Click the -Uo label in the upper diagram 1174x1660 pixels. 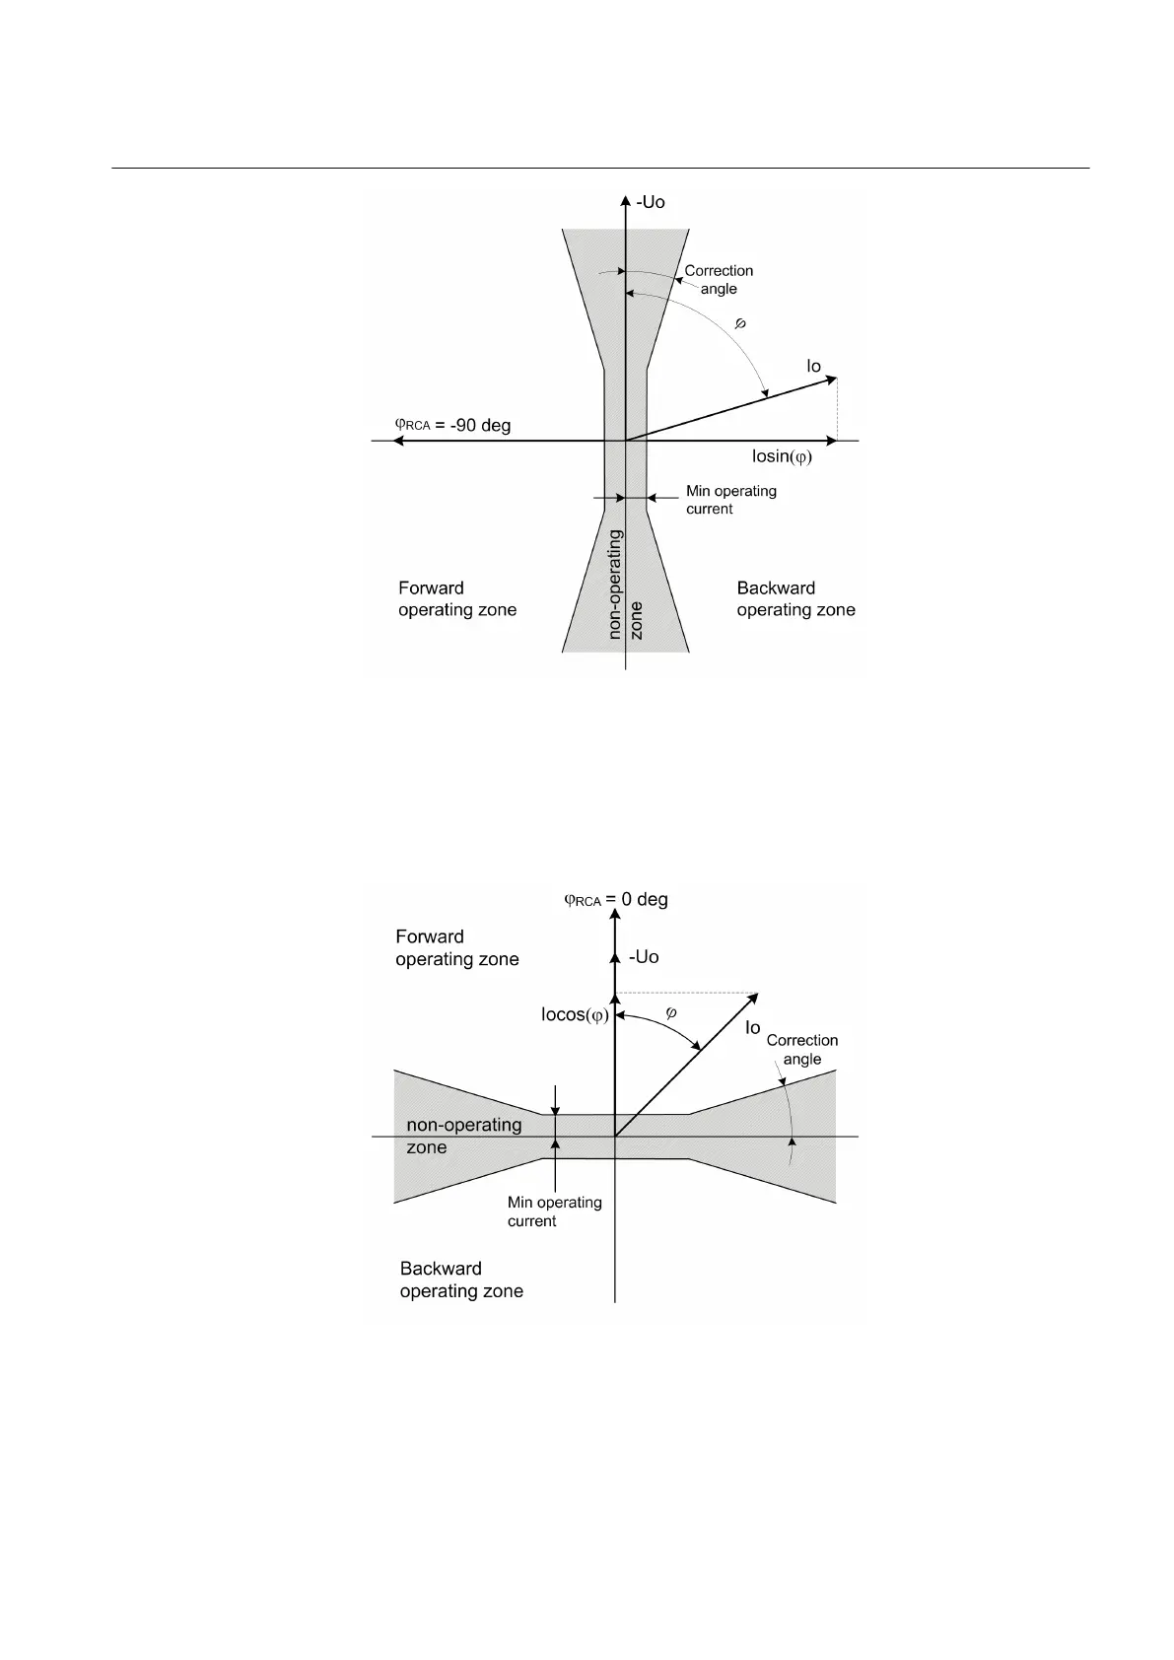651,202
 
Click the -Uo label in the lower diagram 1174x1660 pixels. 644,957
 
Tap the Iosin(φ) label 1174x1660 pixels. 782,456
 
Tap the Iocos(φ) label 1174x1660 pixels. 575,1015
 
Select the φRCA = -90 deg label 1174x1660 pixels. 452,426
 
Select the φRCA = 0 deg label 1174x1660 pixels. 615,900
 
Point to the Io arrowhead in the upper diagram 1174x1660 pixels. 832,380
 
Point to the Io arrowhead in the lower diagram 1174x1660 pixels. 753,998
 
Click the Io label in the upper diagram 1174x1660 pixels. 813,367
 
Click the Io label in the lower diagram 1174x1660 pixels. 752,1028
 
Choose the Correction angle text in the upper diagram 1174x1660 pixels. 719,280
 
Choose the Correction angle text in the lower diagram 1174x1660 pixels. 802,1050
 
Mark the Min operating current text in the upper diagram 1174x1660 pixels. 730,500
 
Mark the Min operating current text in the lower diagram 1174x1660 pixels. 554,1211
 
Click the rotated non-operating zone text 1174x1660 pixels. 625,585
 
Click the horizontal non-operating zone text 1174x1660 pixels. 463,1136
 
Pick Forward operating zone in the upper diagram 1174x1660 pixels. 457,599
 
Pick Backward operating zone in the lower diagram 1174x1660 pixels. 461,1280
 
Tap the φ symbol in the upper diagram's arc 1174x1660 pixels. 741,323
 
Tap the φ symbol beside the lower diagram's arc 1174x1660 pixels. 671,1012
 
